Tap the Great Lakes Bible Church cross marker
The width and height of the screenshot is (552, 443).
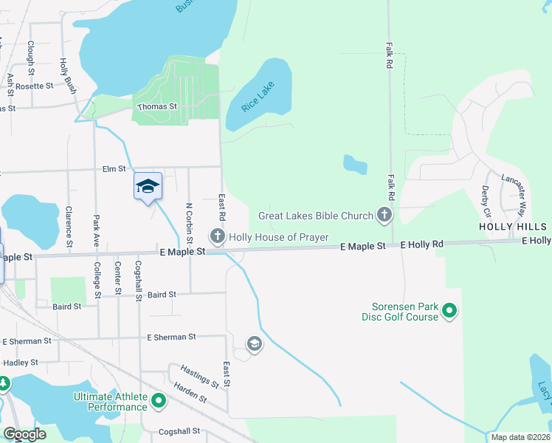point(383,216)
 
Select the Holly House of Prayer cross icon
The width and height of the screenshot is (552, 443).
point(217,236)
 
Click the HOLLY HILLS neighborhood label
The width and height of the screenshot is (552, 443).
point(513,227)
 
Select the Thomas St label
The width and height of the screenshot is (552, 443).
point(157,106)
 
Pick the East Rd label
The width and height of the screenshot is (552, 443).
point(221,207)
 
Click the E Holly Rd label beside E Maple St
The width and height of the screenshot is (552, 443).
point(421,244)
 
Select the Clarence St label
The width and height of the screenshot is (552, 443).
point(69,227)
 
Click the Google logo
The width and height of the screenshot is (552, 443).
point(24,434)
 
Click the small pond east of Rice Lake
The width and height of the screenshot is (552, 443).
point(355,165)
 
